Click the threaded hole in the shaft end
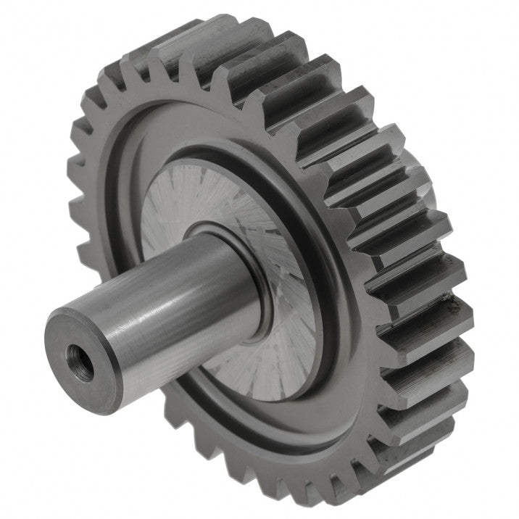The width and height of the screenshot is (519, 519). click(78, 355)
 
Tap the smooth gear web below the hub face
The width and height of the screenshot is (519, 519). click(290, 428)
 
